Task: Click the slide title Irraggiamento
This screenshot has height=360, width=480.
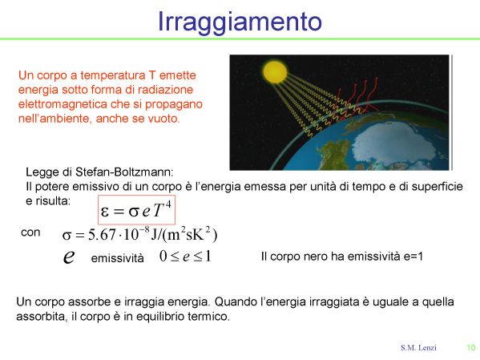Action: click(240, 22)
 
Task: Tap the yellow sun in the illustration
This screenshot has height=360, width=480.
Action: click(275, 72)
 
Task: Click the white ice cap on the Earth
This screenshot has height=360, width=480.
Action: click(398, 142)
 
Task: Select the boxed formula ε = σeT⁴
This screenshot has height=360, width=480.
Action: click(136, 210)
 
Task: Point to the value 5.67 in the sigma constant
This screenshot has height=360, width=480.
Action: click(103, 235)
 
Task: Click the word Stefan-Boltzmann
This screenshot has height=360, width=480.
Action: click(124, 172)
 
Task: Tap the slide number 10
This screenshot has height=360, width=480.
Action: click(471, 347)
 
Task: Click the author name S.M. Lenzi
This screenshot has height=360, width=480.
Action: click(418, 347)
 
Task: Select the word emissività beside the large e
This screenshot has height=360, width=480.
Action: click(118, 258)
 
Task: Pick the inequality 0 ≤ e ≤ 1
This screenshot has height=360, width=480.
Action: click(186, 256)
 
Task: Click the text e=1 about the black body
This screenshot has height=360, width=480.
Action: click(413, 256)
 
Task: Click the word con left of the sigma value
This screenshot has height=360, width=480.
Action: click(30, 233)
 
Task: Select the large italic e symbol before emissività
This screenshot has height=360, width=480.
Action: click(69, 257)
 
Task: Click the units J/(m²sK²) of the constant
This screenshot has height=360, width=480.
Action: click(184, 235)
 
